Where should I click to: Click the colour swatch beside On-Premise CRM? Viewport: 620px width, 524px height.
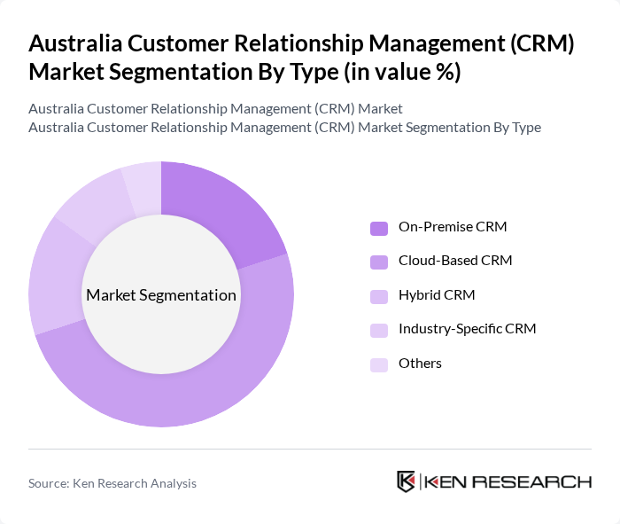click(379, 228)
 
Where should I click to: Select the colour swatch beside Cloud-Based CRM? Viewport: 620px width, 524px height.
click(379, 262)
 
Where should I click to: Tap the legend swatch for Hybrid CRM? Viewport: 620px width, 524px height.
click(379, 296)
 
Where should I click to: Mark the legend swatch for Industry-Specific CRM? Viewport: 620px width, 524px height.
click(379, 330)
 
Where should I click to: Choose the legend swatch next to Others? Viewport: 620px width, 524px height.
click(379, 364)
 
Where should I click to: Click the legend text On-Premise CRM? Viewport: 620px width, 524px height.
click(452, 227)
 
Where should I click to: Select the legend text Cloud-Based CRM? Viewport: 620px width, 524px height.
click(455, 261)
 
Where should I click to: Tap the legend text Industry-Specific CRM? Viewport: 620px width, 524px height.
click(467, 329)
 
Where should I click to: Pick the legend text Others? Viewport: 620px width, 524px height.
click(420, 364)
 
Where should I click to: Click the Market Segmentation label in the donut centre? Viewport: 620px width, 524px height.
click(161, 295)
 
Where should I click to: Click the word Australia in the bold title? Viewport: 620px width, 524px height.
click(75, 43)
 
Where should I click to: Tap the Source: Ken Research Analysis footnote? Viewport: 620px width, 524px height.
click(112, 483)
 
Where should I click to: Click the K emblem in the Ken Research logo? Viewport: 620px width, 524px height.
click(407, 481)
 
